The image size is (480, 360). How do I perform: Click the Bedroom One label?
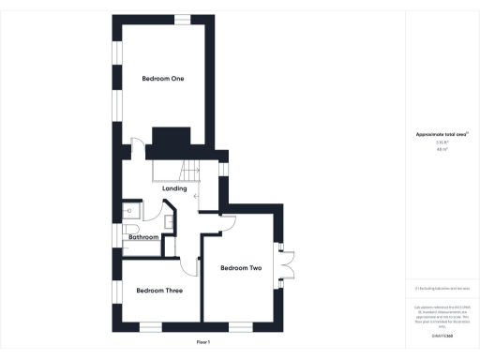[x=162, y=79]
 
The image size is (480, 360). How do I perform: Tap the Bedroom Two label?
[x=240, y=269]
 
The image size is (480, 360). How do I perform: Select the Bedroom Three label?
[x=158, y=291]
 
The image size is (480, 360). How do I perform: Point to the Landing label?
[x=174, y=189]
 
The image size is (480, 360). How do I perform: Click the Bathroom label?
[x=143, y=237]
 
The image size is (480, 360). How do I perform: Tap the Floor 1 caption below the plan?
[x=203, y=341]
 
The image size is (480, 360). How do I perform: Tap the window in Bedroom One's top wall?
[x=180, y=18]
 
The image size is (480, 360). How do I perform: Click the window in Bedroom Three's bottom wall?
[x=149, y=327]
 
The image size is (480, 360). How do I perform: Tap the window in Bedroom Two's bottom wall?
[x=241, y=327]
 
